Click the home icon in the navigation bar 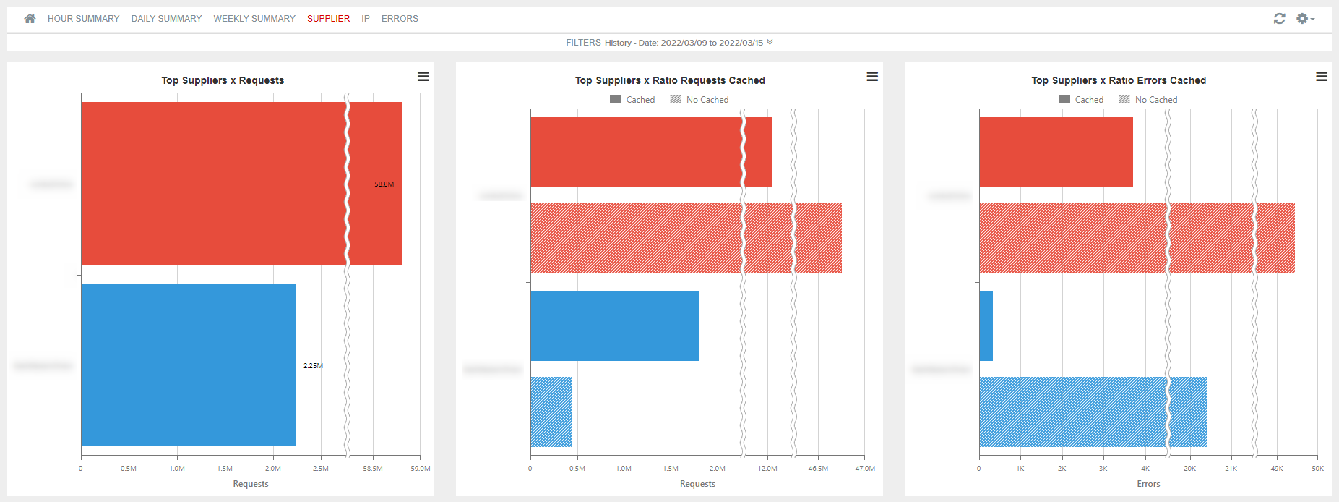click(30, 19)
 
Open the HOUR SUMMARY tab click(83, 19)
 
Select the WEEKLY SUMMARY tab click(254, 19)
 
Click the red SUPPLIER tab click(328, 19)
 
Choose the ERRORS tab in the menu click(400, 19)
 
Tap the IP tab click(366, 19)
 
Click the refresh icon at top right click(1279, 19)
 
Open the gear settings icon click(1304, 19)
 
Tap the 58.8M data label click(384, 184)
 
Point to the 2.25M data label click(313, 366)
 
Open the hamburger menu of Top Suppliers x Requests click(423, 77)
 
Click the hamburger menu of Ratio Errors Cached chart click(1321, 77)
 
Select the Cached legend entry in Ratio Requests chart click(633, 100)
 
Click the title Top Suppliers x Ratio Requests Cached click(670, 80)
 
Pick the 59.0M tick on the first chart click(421, 469)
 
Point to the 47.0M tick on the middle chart click(865, 469)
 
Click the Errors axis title click(1148, 484)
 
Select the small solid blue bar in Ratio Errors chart click(986, 326)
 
